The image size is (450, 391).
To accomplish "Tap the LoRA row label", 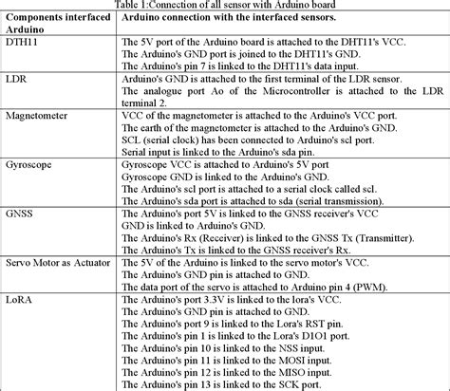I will pos(21,299).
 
